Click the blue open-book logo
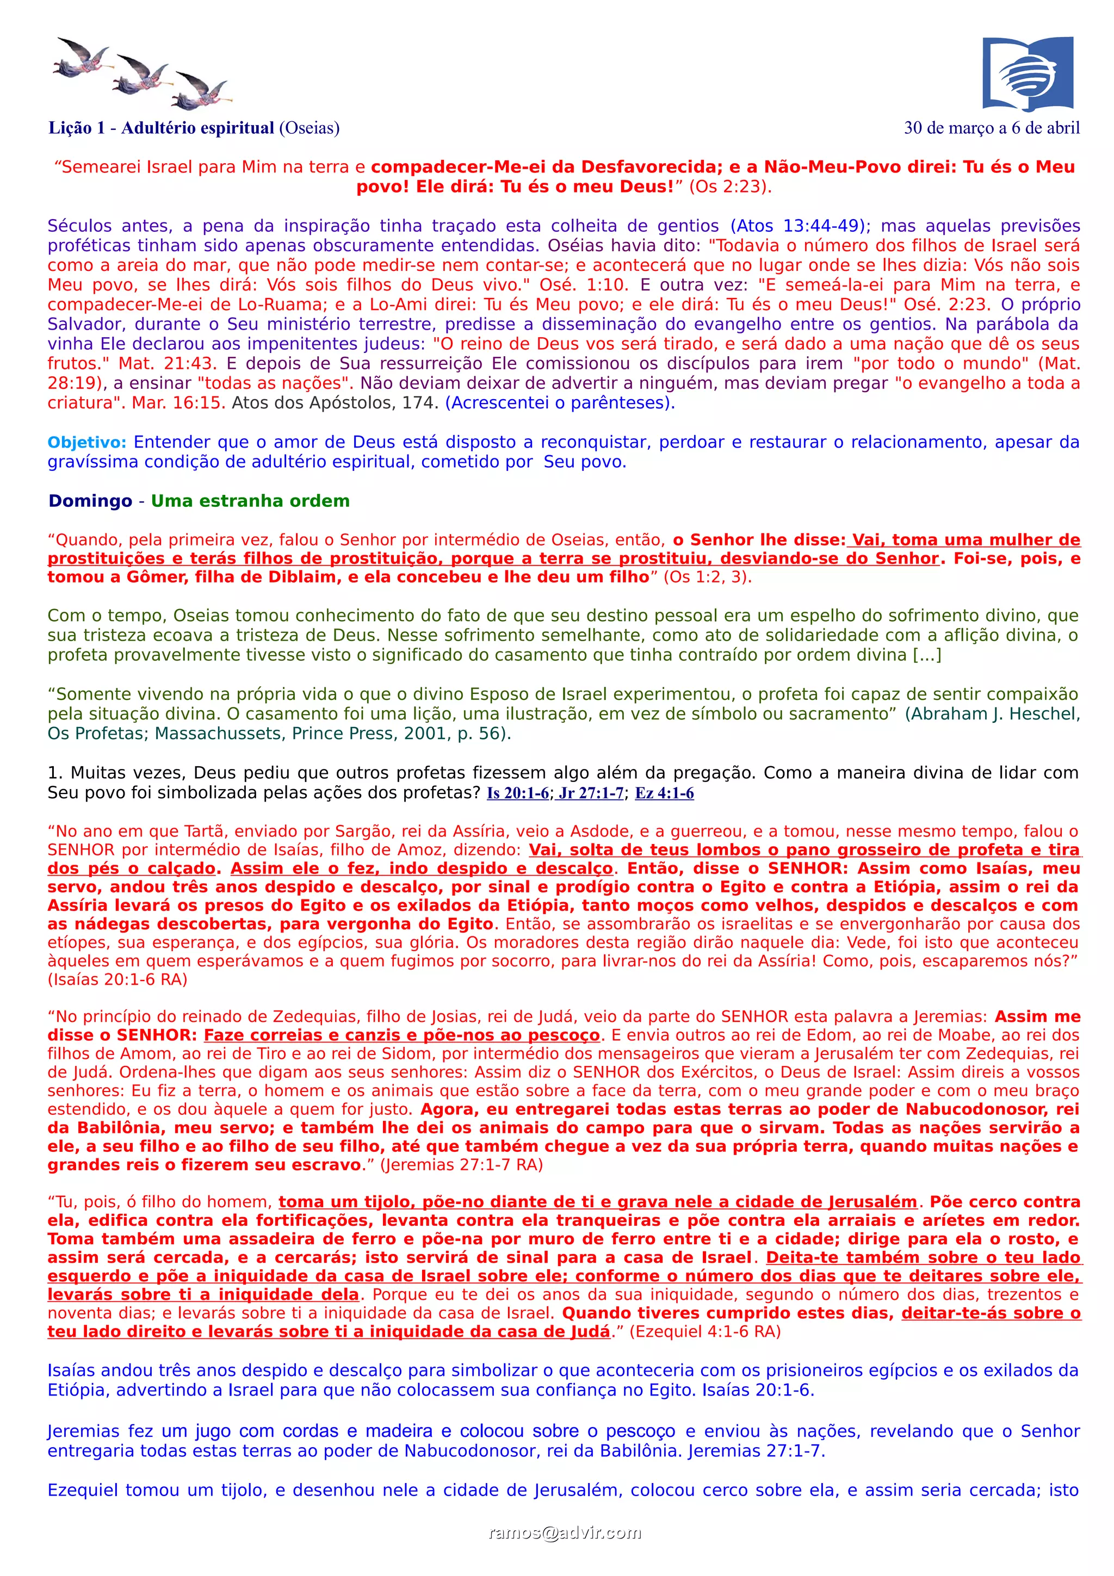point(1027,73)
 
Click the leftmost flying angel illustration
point(81,58)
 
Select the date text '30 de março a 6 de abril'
point(991,128)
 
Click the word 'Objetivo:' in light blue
point(86,443)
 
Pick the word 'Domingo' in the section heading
point(90,501)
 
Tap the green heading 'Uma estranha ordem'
point(250,501)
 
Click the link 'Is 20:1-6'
point(517,793)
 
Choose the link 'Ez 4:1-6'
point(664,793)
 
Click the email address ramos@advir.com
point(564,1532)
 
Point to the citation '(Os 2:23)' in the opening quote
point(731,187)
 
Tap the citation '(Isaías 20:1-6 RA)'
point(117,979)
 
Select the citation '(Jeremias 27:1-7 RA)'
point(461,1165)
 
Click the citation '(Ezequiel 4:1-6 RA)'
point(705,1332)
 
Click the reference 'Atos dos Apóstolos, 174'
point(335,403)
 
